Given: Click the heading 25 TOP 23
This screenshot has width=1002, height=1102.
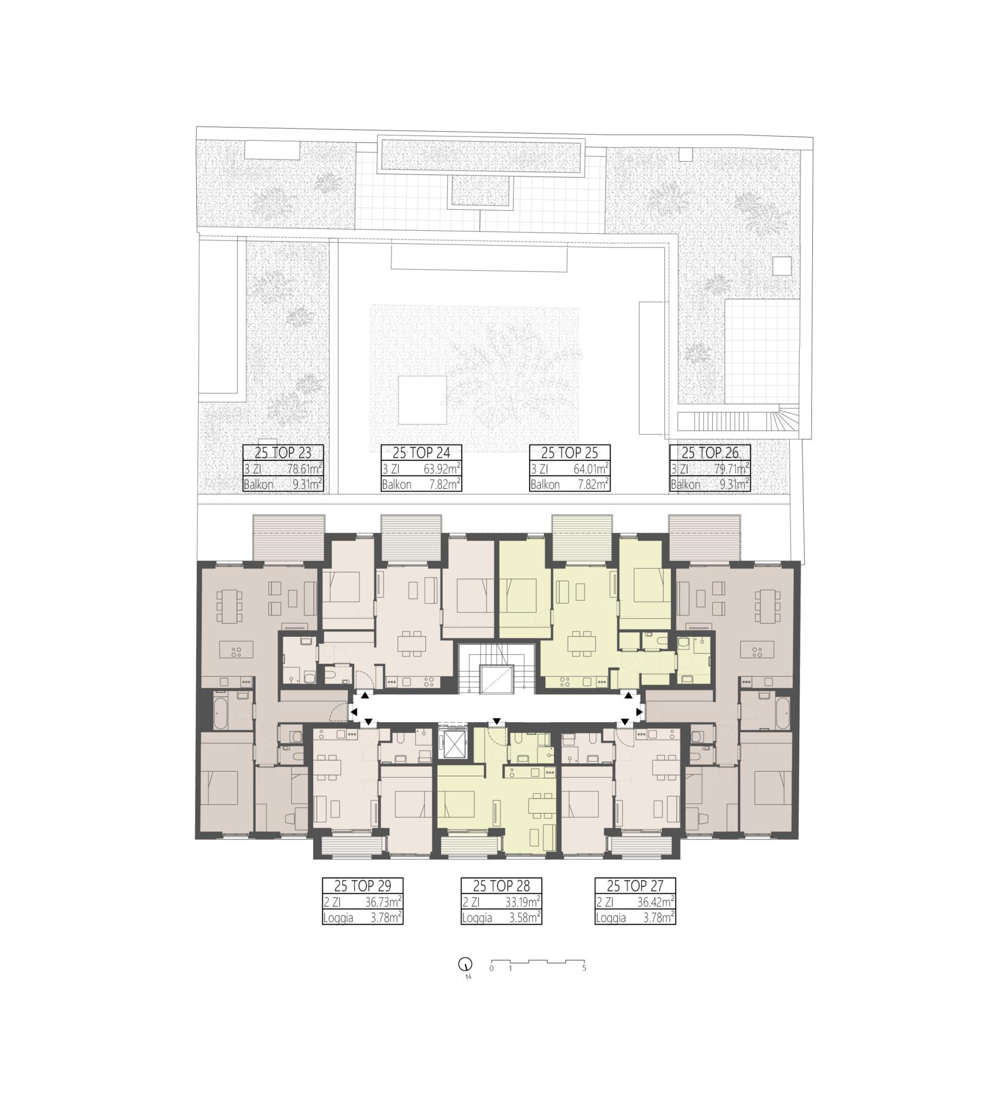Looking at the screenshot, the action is [283, 453].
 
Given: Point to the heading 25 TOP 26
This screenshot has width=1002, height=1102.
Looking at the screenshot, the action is [710, 453].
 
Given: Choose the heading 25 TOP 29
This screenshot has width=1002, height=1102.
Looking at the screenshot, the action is [363, 886].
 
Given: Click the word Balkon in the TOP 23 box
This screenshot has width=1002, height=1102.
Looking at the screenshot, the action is [259, 485].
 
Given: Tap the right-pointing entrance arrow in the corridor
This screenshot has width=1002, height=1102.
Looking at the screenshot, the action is [640, 711].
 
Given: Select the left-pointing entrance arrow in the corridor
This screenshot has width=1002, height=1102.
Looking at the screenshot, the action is [354, 712].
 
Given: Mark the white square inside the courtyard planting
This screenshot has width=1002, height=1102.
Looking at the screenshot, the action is [422, 400].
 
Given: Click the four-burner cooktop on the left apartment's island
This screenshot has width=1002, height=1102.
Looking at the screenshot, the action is [236, 651].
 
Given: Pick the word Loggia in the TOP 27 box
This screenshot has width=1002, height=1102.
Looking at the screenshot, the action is [611, 918].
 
